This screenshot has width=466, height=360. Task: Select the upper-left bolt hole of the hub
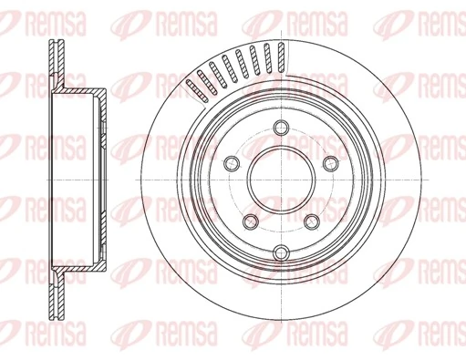(x=231, y=162)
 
